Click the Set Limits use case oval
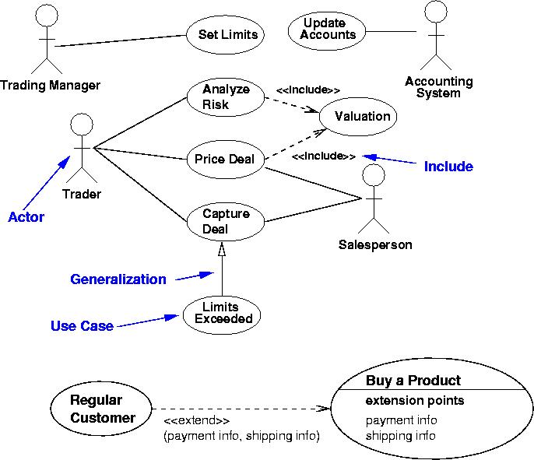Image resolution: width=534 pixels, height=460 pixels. pos(223,34)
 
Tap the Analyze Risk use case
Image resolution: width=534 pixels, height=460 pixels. pos(226,97)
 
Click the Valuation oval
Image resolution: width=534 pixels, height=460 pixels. pos(361,117)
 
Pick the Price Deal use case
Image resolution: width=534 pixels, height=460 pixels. pos(225,160)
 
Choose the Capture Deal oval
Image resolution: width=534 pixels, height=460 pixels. pos(225,221)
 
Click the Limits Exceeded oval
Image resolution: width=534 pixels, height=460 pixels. pos(221,313)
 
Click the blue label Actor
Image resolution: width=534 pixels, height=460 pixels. pos(26,217)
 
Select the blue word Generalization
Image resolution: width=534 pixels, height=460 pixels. pos(118,279)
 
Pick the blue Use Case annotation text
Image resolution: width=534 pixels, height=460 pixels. pos(82,326)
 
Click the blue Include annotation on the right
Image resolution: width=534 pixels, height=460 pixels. pos(448,167)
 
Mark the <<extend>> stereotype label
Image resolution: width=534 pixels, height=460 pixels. pos(196,421)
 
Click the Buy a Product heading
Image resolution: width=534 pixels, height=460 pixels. pos(413,381)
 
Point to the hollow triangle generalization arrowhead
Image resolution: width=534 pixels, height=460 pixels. pos(222,250)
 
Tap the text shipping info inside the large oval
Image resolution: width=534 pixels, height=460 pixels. pos(401,435)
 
